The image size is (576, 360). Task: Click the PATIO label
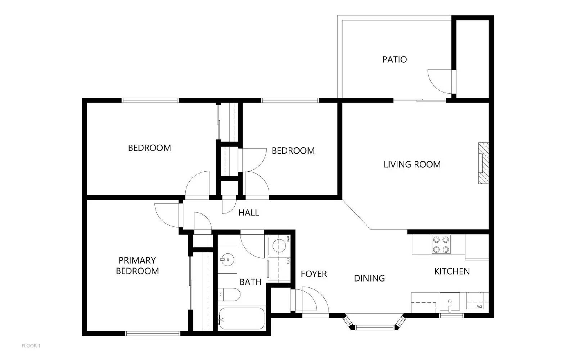point(394,59)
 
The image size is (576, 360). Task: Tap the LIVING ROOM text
point(412,165)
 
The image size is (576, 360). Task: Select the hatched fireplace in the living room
point(483,163)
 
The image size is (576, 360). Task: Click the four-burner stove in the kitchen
point(441,245)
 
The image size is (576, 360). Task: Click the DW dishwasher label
point(479,306)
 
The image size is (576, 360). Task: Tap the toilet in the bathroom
point(230,295)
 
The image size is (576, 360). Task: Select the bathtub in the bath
point(242,318)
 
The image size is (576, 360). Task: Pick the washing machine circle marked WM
point(279,246)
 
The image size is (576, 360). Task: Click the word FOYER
point(314,274)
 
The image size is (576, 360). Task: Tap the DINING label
point(369,278)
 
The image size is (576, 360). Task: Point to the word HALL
point(248,213)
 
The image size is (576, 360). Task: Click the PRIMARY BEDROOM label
point(137,266)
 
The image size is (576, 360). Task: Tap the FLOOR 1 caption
point(31,346)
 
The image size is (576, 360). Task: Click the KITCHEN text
point(452,271)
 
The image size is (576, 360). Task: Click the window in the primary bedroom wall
point(153,333)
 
